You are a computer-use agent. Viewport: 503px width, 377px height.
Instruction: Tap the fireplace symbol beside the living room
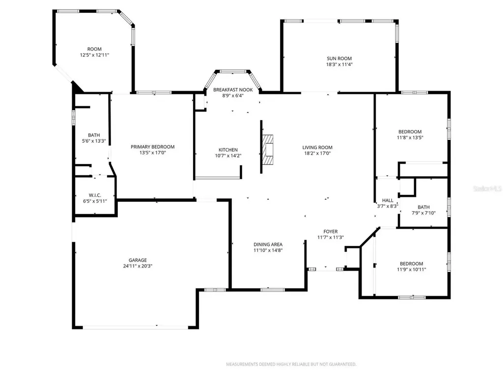point(268,151)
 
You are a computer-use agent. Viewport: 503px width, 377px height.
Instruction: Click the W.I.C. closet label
point(95,195)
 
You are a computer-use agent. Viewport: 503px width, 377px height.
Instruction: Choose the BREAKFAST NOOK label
point(233,90)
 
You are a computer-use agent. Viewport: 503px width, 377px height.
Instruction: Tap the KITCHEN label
point(228,150)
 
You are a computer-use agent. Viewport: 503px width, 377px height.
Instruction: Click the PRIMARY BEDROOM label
point(152,147)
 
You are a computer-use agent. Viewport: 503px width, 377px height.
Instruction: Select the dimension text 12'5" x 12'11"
point(94,55)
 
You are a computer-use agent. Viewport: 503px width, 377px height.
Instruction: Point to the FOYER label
point(330,231)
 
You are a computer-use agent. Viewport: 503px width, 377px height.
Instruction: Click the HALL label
point(388,200)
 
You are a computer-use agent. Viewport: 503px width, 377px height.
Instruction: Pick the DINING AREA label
point(268,244)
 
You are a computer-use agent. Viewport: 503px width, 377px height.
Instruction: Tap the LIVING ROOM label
point(317,147)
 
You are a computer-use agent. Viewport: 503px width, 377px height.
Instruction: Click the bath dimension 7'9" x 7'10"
point(423,213)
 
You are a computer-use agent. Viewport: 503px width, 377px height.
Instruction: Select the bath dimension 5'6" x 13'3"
point(94,141)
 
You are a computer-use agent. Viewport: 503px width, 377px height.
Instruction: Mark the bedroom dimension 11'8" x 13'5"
point(410,137)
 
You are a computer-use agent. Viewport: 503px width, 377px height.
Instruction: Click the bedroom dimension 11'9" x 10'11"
point(411,269)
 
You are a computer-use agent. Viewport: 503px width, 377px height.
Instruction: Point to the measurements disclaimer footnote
point(291,364)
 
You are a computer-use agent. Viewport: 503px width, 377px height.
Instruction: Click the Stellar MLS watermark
point(488,188)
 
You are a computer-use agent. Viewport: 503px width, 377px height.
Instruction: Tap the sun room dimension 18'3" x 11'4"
point(339,64)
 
